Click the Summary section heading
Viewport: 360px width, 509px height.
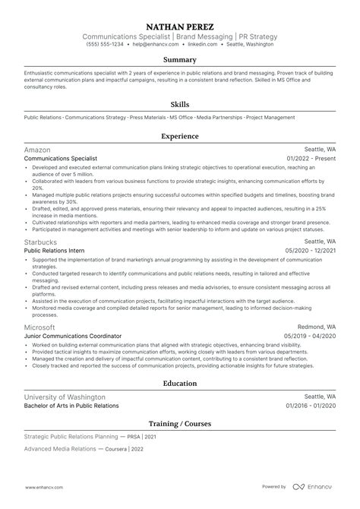180,59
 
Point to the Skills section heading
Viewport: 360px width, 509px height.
180,104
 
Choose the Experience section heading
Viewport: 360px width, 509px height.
180,136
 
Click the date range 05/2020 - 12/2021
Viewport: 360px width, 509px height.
310,250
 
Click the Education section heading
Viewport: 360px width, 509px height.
180,384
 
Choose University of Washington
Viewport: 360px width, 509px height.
65,397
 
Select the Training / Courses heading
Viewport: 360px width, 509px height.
180,423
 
